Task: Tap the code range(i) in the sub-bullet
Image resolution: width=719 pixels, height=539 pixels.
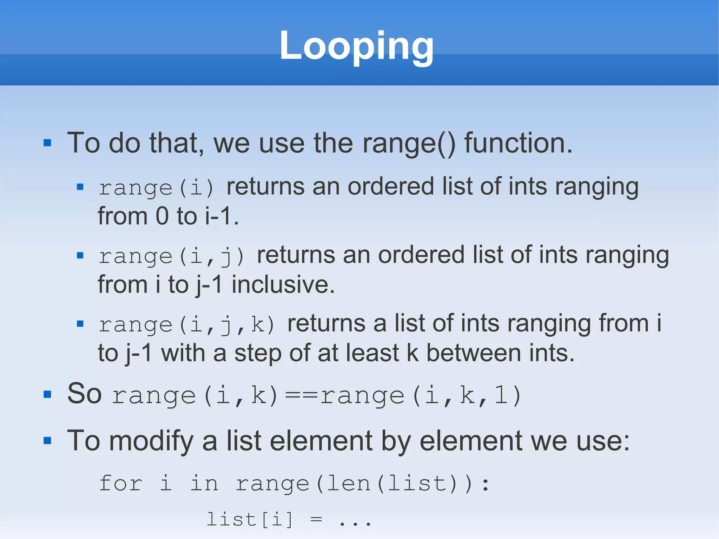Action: [156, 188]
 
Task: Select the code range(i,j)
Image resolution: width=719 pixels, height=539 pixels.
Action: [171, 256]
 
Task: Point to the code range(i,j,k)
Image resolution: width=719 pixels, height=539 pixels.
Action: [186, 324]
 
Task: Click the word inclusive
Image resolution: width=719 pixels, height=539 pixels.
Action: [283, 284]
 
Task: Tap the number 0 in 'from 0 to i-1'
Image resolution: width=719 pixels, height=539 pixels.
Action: [162, 216]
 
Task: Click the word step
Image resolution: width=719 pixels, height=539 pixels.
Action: [258, 353]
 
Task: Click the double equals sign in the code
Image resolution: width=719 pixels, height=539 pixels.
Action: [301, 395]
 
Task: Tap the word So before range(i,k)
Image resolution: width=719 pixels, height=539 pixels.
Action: [84, 394]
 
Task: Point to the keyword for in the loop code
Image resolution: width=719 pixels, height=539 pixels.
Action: [120, 483]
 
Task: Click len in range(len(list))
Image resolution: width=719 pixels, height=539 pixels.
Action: [349, 484]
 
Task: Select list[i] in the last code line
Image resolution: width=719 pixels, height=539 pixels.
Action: [250, 519]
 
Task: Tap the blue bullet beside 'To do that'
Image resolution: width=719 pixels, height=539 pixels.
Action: [47, 143]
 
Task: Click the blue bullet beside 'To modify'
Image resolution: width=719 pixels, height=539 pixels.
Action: [47, 441]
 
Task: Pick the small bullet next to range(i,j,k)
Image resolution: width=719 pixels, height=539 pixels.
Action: [80, 324]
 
